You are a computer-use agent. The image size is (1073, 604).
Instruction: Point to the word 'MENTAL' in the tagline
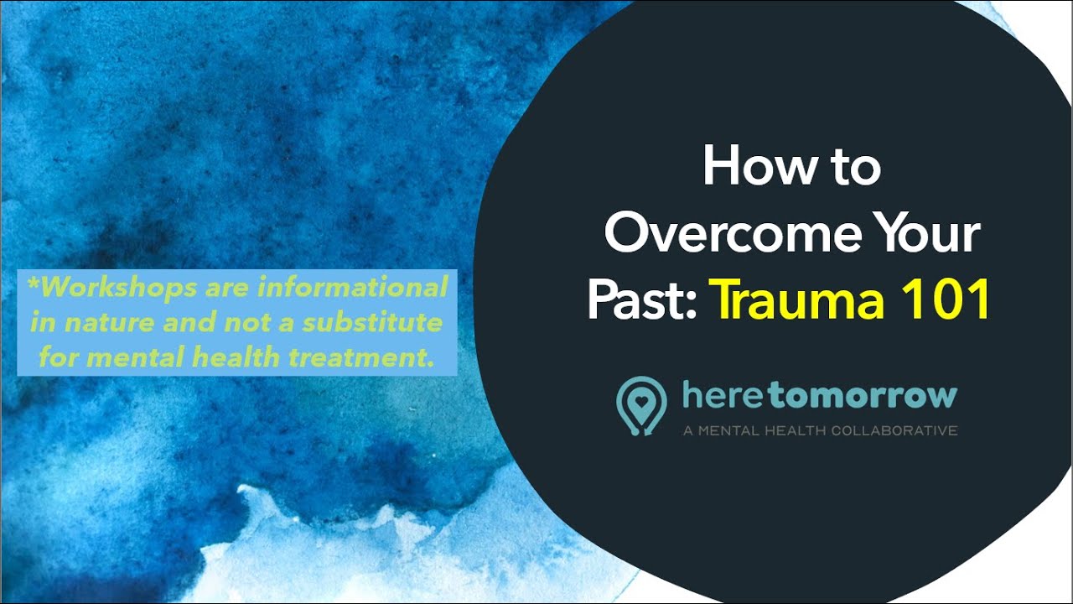[x=730, y=431]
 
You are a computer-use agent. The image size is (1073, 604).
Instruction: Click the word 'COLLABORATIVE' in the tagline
[x=894, y=431]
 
